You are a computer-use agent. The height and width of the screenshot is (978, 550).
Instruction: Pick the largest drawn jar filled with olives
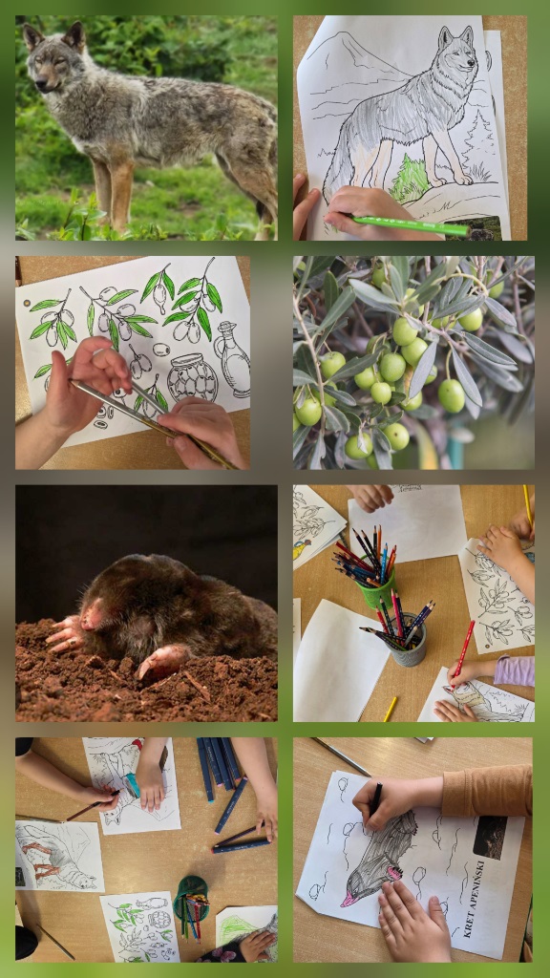(193, 377)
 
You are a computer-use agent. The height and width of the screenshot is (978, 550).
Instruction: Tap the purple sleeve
(514, 671)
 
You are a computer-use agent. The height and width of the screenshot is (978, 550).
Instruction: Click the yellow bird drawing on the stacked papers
(299, 549)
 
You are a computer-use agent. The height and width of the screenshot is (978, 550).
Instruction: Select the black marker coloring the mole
(376, 799)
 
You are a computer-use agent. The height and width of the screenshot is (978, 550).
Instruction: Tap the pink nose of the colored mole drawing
(348, 900)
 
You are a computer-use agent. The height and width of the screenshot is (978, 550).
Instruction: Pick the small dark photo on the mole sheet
(490, 837)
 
